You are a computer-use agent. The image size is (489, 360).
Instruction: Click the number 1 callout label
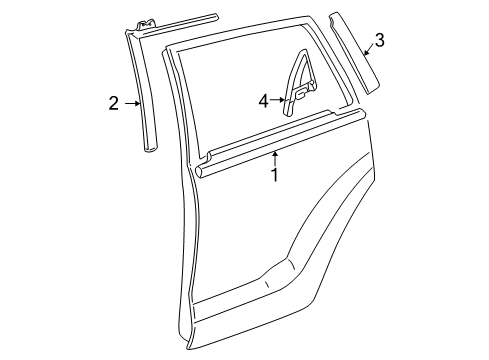[x=274, y=176]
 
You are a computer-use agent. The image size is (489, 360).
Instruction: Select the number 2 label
[x=114, y=102]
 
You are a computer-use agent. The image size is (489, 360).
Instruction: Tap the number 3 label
[x=378, y=41]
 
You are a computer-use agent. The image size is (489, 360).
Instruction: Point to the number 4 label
[x=263, y=100]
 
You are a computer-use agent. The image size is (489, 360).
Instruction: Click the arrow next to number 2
[x=131, y=102]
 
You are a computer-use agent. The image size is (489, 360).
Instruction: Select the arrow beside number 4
[x=278, y=100]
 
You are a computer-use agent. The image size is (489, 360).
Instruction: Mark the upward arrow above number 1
[x=275, y=155]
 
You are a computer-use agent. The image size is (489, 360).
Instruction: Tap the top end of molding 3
[x=334, y=17]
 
